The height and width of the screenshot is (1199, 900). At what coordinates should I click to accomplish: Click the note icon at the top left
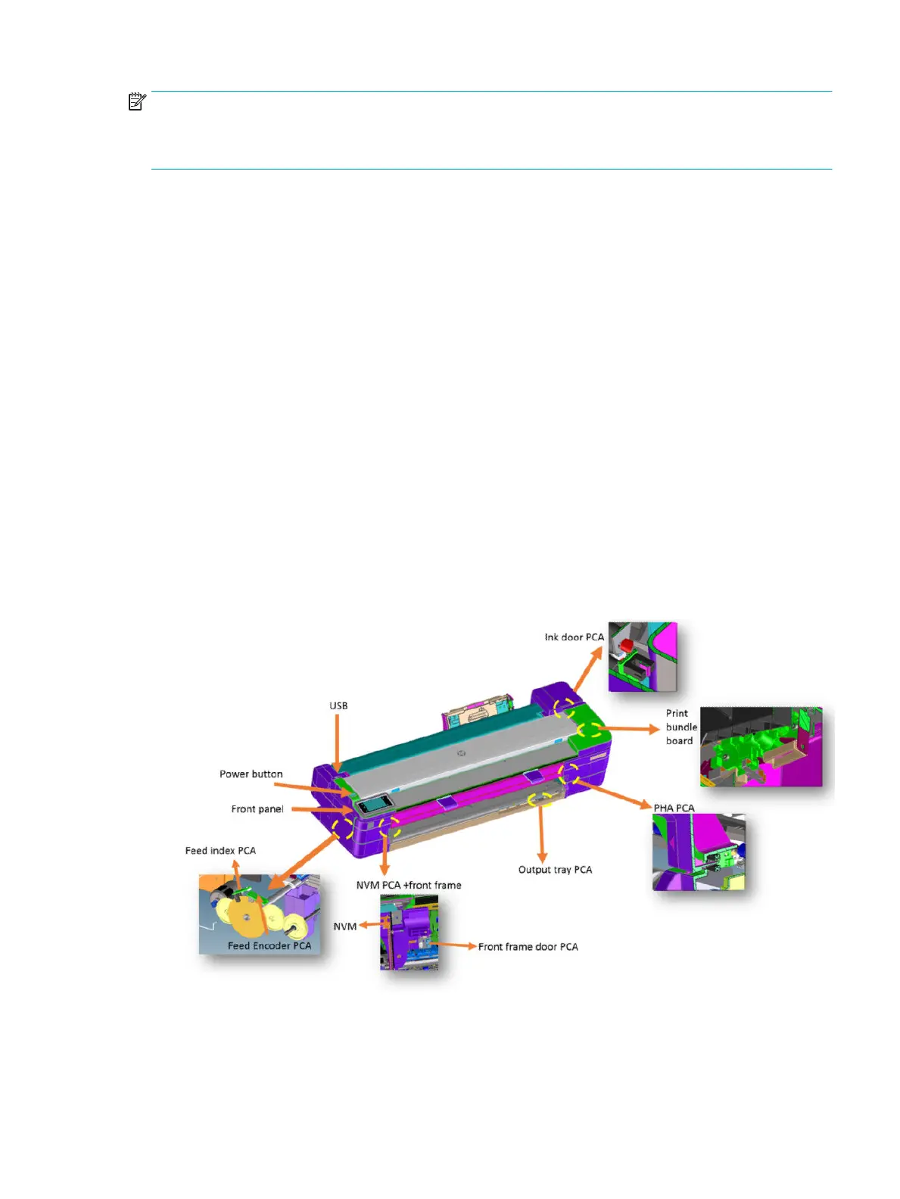click(136, 101)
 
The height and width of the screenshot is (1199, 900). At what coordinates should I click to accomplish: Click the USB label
click(338, 705)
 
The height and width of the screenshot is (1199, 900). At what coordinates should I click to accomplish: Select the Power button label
click(251, 774)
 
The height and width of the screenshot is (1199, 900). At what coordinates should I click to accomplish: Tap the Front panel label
click(257, 809)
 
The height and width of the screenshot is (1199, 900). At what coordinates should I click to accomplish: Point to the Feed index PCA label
click(220, 851)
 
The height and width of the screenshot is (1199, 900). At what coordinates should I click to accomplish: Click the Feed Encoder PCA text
click(269, 945)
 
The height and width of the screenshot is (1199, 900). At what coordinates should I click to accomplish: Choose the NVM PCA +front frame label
click(409, 885)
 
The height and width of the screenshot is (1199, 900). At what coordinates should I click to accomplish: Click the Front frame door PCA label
click(528, 947)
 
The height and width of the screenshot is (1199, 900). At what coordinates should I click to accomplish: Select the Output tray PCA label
click(555, 870)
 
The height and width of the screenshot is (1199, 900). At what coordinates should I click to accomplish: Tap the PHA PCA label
click(674, 808)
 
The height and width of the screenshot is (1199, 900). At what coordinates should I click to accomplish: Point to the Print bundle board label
click(680, 727)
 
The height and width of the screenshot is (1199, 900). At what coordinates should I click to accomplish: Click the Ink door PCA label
click(574, 637)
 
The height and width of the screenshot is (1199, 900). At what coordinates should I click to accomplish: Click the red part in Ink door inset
click(626, 646)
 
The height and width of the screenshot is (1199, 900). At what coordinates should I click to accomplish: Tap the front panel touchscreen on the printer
click(374, 804)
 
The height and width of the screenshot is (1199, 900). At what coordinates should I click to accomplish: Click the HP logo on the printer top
click(461, 754)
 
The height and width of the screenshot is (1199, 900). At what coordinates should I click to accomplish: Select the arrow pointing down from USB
click(338, 742)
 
